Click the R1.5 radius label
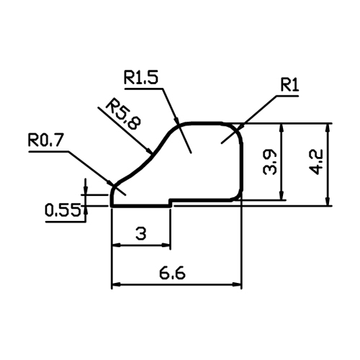141,77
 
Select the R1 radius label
289,85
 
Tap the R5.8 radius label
123,114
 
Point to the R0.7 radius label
45,140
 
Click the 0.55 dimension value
63,210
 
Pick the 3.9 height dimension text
270,162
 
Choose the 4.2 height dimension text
315,162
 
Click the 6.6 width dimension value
172,273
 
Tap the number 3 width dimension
141,233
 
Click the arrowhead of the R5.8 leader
149,150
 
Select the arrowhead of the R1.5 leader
176,120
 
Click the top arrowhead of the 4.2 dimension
328,128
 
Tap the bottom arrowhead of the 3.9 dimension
282,194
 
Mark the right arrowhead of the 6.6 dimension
236,284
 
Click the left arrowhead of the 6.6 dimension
117,284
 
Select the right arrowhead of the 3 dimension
166,245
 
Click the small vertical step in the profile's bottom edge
170,203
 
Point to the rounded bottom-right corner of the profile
238,196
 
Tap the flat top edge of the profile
205,123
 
